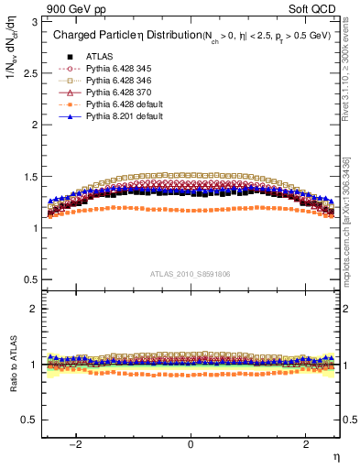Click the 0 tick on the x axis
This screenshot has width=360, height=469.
(191, 444)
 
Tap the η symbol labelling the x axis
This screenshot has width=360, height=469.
(335, 455)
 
